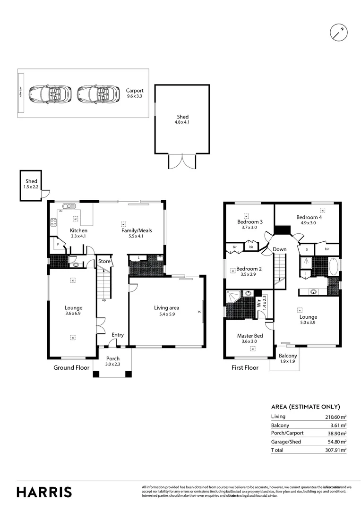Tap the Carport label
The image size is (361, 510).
click(x=134, y=91)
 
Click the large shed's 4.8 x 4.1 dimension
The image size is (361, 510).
click(x=183, y=123)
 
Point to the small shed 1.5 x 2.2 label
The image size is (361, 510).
click(x=31, y=187)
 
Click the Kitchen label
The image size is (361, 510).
click(x=78, y=230)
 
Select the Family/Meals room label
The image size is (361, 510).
click(x=136, y=230)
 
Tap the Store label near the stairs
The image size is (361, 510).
click(x=104, y=261)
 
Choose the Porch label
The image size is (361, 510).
click(x=112, y=358)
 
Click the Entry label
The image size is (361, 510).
click(x=118, y=335)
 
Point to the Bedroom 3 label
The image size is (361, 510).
click(x=250, y=221)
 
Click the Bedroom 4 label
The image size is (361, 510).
click(x=309, y=217)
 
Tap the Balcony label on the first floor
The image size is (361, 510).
click(x=288, y=356)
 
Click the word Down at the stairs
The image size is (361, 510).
click(x=279, y=249)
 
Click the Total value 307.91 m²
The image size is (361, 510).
click(x=336, y=450)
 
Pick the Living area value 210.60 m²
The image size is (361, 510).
click(x=336, y=417)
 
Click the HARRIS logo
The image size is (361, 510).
click(x=44, y=492)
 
